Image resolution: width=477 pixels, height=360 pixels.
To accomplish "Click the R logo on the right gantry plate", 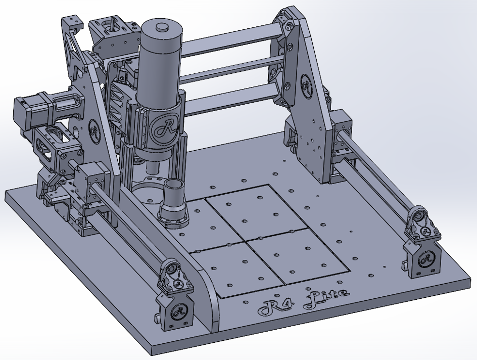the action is point(307,85).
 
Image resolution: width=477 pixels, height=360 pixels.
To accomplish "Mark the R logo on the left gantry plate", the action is point(95,131).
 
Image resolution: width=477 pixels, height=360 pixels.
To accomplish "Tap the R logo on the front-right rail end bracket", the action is point(427,259).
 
